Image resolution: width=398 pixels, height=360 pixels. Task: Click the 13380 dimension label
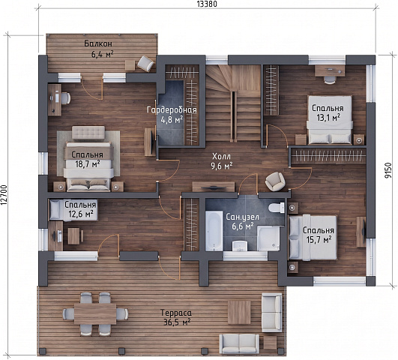pos(207,4)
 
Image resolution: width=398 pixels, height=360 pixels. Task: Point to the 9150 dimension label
pos(388,171)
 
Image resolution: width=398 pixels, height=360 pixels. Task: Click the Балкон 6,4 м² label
pos(98,49)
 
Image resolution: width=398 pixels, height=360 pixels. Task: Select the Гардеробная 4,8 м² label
pos(172,115)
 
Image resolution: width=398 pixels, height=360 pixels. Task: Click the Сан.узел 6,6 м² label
pos(243,221)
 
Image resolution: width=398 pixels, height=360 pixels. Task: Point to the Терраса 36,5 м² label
pos(176,317)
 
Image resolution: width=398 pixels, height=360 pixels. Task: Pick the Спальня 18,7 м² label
pos(87,159)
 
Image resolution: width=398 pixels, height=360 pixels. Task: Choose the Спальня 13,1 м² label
pos(328,112)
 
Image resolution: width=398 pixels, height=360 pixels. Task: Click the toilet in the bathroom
pos(277,208)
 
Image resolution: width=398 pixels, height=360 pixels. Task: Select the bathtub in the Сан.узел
pos(214,231)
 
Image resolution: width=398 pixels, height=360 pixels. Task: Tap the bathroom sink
pos(240,246)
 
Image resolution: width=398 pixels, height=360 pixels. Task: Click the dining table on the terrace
pos(95,313)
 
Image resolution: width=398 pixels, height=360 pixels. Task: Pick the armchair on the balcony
pos(145,63)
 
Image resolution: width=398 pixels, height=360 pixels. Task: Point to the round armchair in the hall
pos(275,181)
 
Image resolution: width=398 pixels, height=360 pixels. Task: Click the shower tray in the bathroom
pos(268,238)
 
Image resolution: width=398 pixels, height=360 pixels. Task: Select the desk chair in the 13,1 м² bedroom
pos(330,79)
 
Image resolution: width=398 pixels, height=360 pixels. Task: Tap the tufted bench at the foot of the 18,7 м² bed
pos(88,133)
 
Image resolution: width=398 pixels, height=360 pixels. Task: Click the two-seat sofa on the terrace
pos(239,343)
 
